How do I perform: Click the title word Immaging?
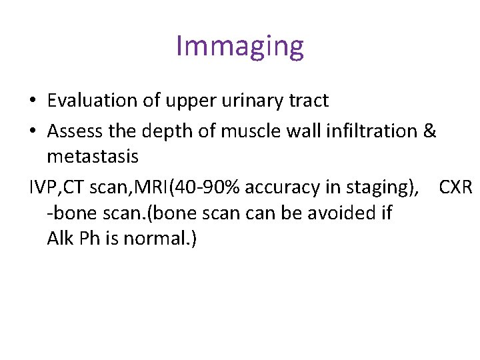240,46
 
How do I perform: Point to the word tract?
308,101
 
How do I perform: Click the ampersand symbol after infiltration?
429,131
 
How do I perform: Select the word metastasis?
93,157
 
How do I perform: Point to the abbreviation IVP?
43,188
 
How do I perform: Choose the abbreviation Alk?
60,238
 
